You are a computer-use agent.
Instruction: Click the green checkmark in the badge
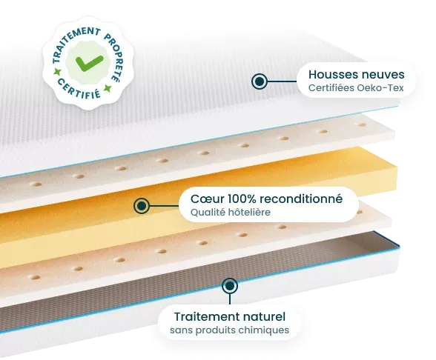[89, 63]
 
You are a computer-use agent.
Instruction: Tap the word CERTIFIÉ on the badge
[79, 89]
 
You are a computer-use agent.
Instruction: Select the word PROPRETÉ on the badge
[115, 57]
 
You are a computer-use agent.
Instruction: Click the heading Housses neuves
[357, 74]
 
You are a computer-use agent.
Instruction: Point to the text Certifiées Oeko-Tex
[356, 88]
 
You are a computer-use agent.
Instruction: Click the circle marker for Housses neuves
[260, 81]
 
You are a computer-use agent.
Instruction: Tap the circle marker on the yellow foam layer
[142, 206]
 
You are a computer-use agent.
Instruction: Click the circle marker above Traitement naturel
[230, 286]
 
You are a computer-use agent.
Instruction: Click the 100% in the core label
[242, 199]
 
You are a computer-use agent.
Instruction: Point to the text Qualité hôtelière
[230, 213]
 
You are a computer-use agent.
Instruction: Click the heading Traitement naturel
[230, 317]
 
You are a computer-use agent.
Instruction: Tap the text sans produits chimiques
[229, 330]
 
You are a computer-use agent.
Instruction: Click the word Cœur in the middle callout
[208, 199]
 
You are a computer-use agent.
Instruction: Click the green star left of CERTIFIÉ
[58, 73]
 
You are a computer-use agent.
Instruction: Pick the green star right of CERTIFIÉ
[108, 89]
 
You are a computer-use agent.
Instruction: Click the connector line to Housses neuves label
[282, 81]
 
